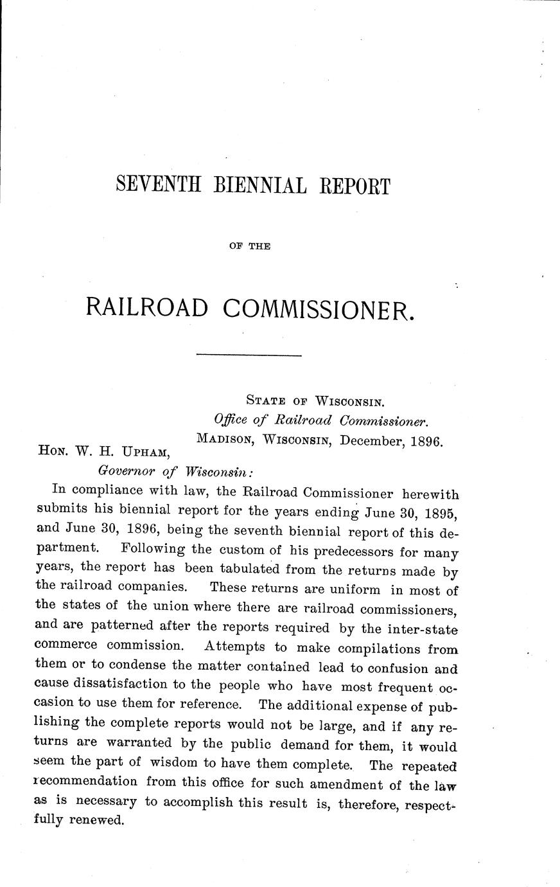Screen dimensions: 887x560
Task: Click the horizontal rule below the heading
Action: point(249,355)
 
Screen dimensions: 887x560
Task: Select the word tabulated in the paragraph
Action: point(256,570)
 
